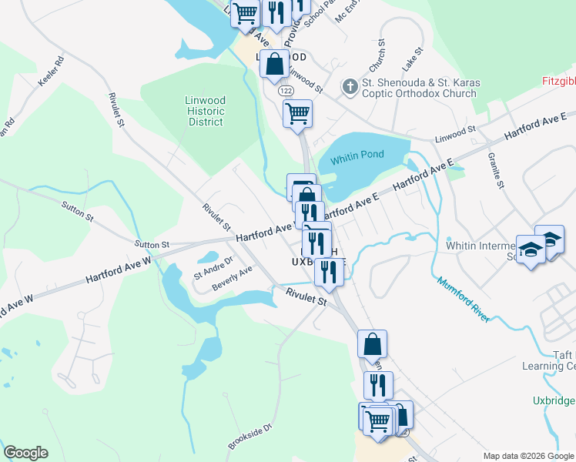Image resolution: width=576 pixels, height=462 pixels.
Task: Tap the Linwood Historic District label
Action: tap(206, 111)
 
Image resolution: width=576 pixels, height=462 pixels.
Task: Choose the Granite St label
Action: tap(494, 171)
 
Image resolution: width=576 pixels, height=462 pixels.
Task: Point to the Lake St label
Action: tap(417, 56)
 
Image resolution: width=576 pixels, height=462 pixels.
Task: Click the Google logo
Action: tap(25, 453)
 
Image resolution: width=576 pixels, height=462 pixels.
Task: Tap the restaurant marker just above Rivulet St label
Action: tap(329, 271)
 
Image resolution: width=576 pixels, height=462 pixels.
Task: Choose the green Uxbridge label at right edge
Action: tap(554, 401)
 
